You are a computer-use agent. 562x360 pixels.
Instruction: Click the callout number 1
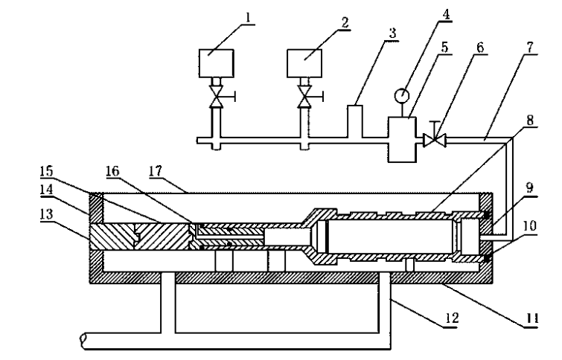[x=248, y=18]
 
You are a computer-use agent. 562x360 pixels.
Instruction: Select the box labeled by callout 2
[x=304, y=63]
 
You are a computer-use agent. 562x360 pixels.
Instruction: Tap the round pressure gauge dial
[x=401, y=95]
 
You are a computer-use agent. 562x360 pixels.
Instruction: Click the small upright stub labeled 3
[x=355, y=121]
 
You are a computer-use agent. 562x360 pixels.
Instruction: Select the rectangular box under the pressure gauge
[x=402, y=140]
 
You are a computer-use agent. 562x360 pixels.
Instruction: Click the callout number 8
[x=530, y=120]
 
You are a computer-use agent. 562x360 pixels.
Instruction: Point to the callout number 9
[x=529, y=187]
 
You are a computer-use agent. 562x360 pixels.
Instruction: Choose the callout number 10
[x=529, y=226]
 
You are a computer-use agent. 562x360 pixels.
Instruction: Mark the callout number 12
[x=452, y=318]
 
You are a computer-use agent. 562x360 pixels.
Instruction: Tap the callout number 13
[x=47, y=214]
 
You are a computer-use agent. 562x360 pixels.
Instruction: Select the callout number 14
[x=47, y=190]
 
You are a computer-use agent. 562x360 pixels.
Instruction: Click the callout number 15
[x=47, y=172]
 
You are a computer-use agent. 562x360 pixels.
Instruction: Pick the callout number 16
[x=112, y=171]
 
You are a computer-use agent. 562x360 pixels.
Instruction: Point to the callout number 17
[x=156, y=171]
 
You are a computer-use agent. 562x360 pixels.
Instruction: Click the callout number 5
[x=444, y=48]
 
